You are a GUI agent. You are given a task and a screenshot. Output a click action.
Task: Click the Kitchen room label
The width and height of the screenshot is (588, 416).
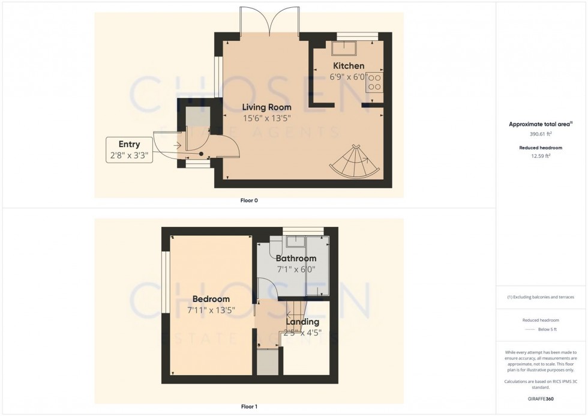(x=347, y=66)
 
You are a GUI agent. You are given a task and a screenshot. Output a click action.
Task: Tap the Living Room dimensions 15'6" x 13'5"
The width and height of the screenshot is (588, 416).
(x=266, y=119)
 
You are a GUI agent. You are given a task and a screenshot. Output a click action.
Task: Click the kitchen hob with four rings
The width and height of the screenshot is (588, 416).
(x=375, y=82)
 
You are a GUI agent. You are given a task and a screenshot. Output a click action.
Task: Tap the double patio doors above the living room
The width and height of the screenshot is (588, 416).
(x=271, y=23)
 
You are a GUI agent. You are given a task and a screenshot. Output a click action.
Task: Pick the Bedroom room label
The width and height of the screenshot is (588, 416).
(x=211, y=299)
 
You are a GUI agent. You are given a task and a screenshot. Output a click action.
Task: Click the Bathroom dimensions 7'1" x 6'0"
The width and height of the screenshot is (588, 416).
(x=295, y=270)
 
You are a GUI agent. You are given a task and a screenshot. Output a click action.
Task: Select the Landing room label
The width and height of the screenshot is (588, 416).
(x=303, y=322)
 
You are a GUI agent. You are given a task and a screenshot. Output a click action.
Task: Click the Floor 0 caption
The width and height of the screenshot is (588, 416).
(x=248, y=200)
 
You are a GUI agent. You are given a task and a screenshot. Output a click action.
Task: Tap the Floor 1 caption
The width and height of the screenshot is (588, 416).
(x=248, y=407)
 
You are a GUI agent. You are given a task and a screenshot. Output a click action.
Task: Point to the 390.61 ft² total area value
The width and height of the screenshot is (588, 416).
(x=541, y=134)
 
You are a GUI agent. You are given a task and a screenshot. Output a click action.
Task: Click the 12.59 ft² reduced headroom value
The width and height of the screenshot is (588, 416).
(x=541, y=156)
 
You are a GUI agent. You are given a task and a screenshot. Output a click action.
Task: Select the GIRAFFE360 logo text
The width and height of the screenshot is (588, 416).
(x=541, y=398)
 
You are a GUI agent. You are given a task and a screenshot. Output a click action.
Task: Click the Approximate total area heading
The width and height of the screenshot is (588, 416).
(x=541, y=124)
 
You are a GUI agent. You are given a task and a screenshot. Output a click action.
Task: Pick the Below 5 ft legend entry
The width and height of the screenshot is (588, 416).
(x=541, y=330)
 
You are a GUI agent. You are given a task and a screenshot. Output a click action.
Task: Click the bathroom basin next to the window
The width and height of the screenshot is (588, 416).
(x=295, y=243)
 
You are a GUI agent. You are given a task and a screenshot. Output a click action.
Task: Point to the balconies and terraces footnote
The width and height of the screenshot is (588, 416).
(x=541, y=297)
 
